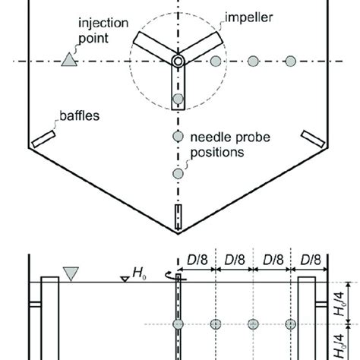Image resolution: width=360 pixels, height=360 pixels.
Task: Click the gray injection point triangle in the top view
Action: (x=69, y=60)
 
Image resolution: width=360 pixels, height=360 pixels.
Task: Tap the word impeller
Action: (x=249, y=17)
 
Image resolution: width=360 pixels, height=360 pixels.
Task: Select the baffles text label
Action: (x=80, y=115)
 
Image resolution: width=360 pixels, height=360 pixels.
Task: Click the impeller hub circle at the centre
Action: (x=178, y=61)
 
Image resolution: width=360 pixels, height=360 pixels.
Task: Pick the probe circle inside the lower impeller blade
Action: (x=178, y=99)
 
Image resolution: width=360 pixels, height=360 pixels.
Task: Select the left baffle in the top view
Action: (x=43, y=139)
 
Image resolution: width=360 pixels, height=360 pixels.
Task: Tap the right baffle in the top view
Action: (x=313, y=139)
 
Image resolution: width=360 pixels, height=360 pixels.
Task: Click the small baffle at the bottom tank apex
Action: (x=178, y=217)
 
